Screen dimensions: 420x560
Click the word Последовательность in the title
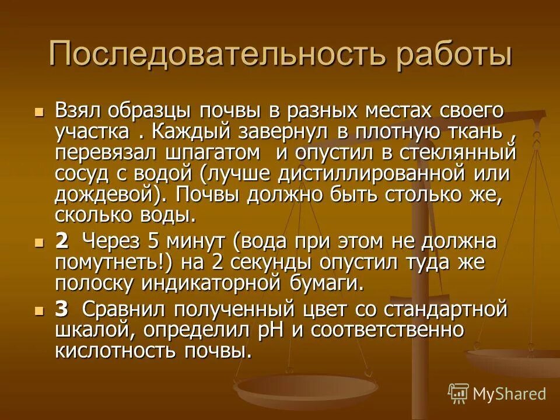(x=218, y=54)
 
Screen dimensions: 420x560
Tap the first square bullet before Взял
(x=40, y=111)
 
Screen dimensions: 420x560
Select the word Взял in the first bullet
(x=78, y=110)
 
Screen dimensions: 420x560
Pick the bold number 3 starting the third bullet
(x=61, y=309)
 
